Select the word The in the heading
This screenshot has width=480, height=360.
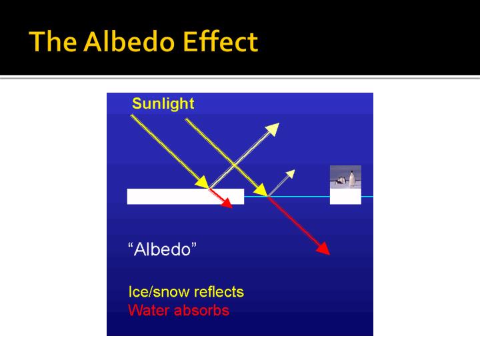(x=52, y=42)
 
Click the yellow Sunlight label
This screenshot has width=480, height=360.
(x=163, y=103)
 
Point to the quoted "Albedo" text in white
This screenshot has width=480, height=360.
(x=162, y=250)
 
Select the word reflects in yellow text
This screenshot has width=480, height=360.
(x=218, y=292)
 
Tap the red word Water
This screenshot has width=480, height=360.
(x=148, y=310)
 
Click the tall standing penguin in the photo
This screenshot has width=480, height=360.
(x=351, y=179)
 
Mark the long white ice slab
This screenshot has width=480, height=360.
(x=185, y=197)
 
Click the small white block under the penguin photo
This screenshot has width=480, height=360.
(x=345, y=197)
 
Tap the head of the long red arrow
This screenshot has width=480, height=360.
(x=323, y=249)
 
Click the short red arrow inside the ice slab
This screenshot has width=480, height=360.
(x=221, y=199)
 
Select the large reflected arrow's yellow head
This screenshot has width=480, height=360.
(x=272, y=129)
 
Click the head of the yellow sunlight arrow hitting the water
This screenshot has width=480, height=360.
(x=261, y=189)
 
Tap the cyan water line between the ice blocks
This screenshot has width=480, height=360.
(x=287, y=197)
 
